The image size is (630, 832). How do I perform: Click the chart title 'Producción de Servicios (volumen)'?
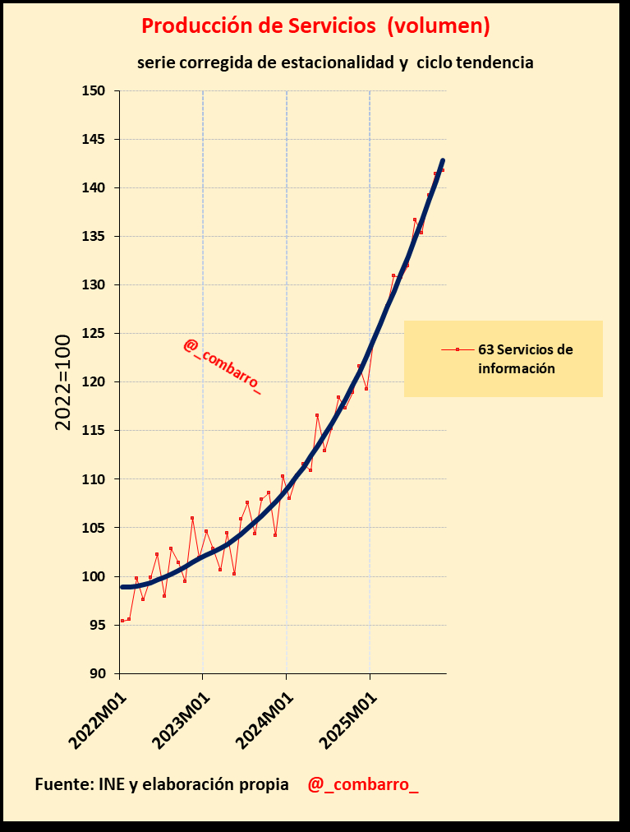click(x=315, y=26)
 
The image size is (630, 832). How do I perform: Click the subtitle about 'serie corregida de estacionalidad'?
click(x=335, y=62)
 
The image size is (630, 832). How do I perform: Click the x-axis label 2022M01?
click(x=96, y=720)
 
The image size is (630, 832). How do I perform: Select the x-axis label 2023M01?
click(x=180, y=720)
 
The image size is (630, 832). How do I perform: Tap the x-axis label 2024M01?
click(x=264, y=720)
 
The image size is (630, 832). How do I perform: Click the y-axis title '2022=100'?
click(x=63, y=381)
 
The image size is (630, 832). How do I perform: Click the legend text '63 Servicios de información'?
click(x=525, y=359)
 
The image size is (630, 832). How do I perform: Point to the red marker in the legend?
click(x=458, y=349)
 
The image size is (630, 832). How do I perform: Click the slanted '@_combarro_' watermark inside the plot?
click(x=222, y=367)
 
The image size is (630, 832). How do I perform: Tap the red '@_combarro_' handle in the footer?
click(x=362, y=784)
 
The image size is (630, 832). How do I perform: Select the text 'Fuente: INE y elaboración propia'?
click(x=162, y=784)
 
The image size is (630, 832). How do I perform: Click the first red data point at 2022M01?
click(x=122, y=621)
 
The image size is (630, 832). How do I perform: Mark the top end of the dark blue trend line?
click(x=443, y=160)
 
